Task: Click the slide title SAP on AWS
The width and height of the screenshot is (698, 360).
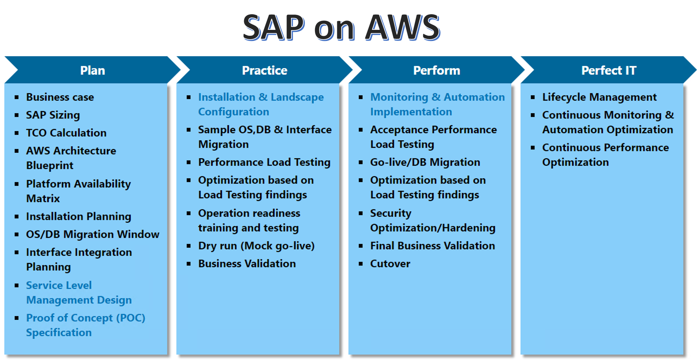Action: (x=341, y=27)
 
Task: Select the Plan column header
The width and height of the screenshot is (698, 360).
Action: (x=92, y=70)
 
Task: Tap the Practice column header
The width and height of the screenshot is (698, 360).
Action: (x=264, y=70)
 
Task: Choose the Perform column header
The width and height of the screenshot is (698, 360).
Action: (x=437, y=70)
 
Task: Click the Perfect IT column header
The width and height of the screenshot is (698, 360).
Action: (x=608, y=70)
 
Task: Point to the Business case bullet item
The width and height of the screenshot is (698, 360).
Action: (x=60, y=97)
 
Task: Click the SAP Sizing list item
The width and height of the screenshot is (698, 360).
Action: (x=53, y=115)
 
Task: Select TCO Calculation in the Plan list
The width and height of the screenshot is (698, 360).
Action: (x=66, y=133)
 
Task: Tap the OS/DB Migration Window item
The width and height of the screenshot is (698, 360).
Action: (x=92, y=234)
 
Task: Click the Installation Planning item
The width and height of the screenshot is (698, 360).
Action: (x=78, y=217)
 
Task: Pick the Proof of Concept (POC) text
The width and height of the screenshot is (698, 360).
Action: (x=85, y=318)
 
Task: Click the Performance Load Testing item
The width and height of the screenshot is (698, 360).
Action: (x=264, y=162)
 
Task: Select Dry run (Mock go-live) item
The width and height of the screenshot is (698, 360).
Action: (x=256, y=246)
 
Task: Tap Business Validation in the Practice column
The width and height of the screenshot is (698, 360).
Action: (x=247, y=264)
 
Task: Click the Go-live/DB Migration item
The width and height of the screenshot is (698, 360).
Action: (x=425, y=162)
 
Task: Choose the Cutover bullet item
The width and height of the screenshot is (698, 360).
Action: (x=390, y=264)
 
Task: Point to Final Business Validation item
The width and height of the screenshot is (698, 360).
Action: (x=432, y=246)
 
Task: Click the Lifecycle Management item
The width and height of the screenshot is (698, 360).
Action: (x=599, y=97)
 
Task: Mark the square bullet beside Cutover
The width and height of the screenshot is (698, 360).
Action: (x=361, y=264)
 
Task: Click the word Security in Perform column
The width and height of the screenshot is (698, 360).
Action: (x=391, y=213)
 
